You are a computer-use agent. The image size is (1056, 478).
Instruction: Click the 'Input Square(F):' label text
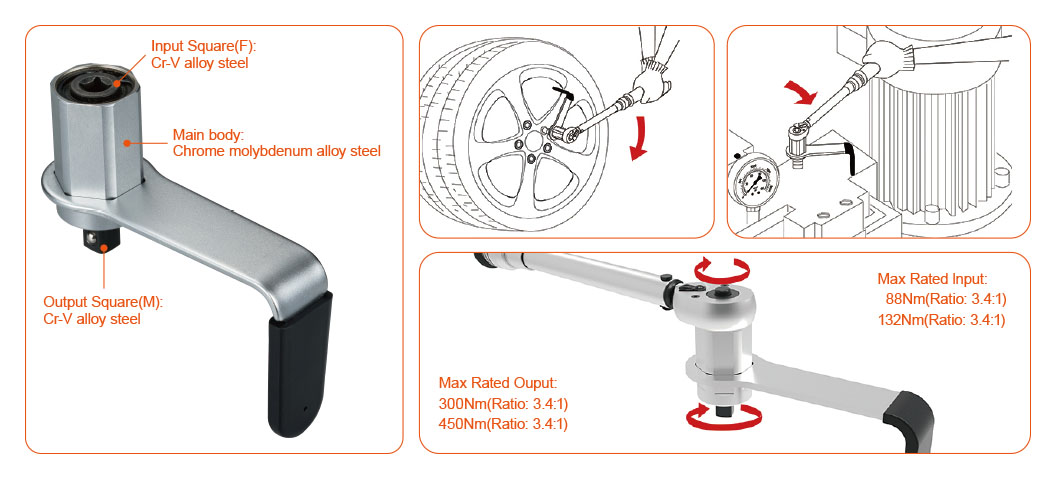coord(204,46)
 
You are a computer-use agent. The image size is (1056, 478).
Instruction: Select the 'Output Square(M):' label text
coord(104,302)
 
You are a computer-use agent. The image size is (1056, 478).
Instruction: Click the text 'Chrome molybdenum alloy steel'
coord(277,151)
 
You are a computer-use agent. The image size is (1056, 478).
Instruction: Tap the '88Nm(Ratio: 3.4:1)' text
coord(945,299)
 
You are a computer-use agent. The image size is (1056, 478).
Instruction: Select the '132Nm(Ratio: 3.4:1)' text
coord(942,320)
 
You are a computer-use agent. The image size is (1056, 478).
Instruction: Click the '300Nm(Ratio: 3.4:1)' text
coord(502,404)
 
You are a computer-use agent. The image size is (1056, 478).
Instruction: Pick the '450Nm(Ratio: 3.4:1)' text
coord(502,425)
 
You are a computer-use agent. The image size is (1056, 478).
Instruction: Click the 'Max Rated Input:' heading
coord(932,278)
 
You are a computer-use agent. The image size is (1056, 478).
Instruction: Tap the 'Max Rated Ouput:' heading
coord(498,383)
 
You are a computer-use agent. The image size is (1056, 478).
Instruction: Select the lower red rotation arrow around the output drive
coord(724,419)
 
